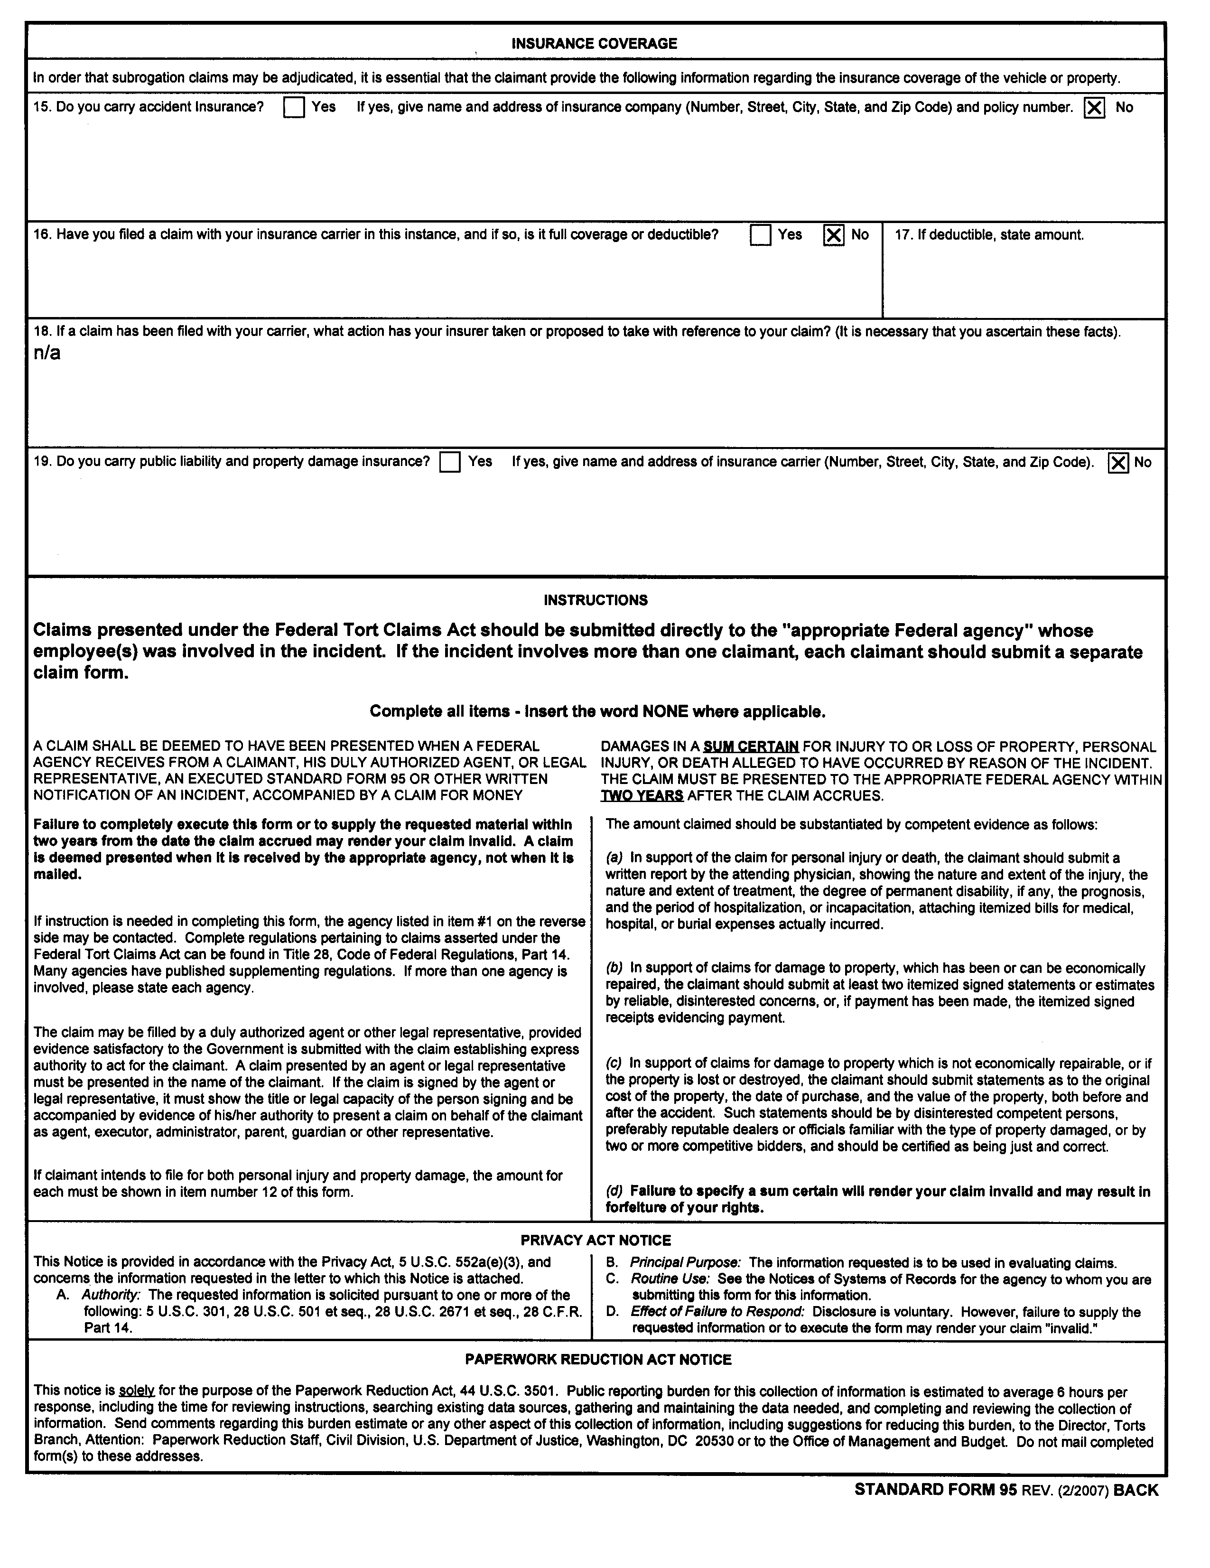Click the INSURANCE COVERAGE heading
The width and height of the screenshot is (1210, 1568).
pyautogui.click(x=594, y=44)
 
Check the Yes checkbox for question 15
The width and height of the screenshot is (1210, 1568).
pyautogui.click(x=294, y=108)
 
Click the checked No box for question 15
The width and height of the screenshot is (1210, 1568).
pyautogui.click(x=1094, y=108)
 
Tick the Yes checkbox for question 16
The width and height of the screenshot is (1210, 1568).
pyautogui.click(x=760, y=235)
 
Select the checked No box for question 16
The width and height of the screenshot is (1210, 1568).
pyautogui.click(x=833, y=235)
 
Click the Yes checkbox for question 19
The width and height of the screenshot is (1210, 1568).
pyautogui.click(x=449, y=462)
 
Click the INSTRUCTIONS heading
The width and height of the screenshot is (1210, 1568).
pyautogui.click(x=595, y=600)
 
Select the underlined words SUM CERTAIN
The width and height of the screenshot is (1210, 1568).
pyautogui.click(x=751, y=747)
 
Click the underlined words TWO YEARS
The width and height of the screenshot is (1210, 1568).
pyautogui.click(x=642, y=795)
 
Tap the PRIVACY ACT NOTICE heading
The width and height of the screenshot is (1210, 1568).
pyautogui.click(x=595, y=1240)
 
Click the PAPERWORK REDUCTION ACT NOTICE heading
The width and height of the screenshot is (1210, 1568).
pyautogui.click(x=598, y=1359)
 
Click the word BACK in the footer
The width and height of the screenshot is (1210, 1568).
pyautogui.click(x=1136, y=1490)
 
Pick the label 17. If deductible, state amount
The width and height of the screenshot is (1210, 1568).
pyautogui.click(x=989, y=235)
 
